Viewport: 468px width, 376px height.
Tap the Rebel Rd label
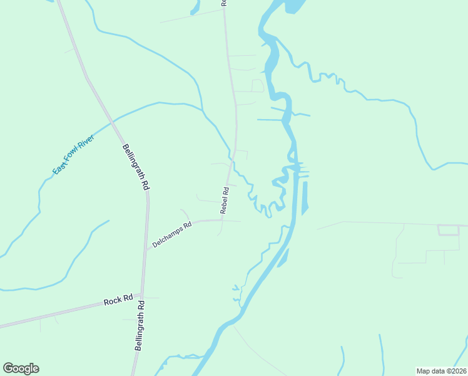(x=225, y=201)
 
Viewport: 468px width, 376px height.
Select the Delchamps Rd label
(x=171, y=234)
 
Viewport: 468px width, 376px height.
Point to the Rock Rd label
(x=119, y=300)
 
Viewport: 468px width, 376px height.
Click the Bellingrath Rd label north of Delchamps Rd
(x=136, y=166)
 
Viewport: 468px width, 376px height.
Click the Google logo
(x=21, y=368)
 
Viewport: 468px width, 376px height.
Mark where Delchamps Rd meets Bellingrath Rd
(x=147, y=249)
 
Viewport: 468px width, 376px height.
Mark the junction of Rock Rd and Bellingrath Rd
(x=143, y=296)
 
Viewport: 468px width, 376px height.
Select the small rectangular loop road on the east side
(x=449, y=230)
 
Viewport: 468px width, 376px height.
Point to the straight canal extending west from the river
(x=270, y=120)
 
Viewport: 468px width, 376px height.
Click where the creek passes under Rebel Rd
(x=233, y=162)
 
